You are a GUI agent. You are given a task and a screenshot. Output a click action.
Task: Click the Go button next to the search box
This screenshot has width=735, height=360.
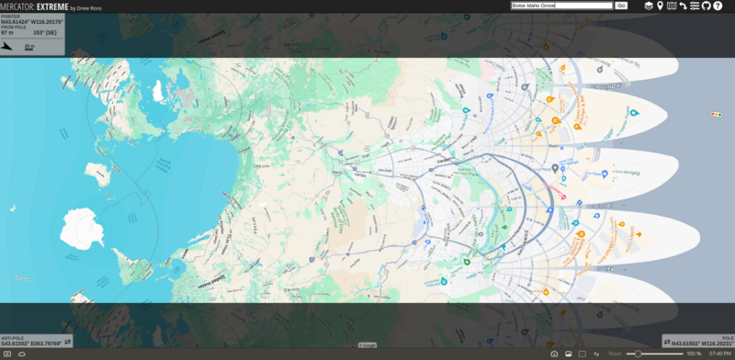(621, 6)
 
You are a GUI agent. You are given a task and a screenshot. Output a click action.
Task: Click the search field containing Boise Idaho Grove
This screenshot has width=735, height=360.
(561, 6)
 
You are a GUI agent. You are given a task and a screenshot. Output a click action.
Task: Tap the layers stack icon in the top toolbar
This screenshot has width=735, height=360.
(649, 6)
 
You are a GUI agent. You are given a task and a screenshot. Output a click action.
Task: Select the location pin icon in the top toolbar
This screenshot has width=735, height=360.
(660, 6)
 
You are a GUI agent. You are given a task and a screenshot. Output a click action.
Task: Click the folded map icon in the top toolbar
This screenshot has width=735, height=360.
(672, 6)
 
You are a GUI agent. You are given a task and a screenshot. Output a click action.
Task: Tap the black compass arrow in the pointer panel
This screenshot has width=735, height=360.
(8, 44)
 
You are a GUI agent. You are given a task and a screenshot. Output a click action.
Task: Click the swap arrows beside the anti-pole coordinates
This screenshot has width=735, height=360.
(67, 342)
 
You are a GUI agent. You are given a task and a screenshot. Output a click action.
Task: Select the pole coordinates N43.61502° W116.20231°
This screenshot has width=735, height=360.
(702, 343)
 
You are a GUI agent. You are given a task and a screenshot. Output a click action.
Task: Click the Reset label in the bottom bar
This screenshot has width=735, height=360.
(615, 354)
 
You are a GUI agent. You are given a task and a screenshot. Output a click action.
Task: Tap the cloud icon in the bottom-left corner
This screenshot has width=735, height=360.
(21, 354)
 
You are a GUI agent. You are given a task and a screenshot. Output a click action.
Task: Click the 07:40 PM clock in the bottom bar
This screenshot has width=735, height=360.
(720, 354)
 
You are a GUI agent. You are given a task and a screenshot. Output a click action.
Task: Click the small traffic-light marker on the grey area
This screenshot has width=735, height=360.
(716, 114)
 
